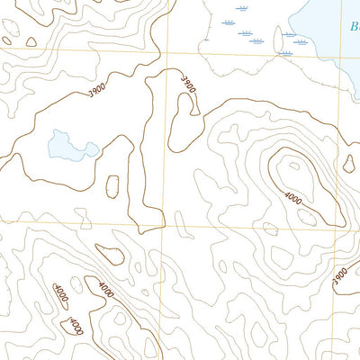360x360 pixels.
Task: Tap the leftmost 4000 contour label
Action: [x=59, y=292]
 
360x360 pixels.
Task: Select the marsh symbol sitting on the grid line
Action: [x=286, y=52]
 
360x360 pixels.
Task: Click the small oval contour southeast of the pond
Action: [x=113, y=186]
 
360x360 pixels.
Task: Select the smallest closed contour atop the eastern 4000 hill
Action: [x=292, y=166]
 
